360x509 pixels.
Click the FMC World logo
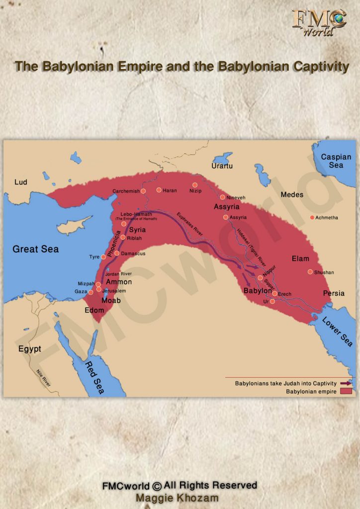tap(319, 22)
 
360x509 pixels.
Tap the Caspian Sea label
tap(336, 161)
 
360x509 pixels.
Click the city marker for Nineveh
tap(223, 197)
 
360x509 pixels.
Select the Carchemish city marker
tap(143, 191)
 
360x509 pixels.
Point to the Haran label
tap(170, 190)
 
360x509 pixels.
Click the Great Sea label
tap(35, 249)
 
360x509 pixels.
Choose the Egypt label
tap(30, 348)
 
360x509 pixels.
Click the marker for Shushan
tap(310, 272)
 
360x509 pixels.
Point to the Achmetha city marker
tap(312, 218)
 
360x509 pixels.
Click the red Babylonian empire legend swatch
tap(346, 391)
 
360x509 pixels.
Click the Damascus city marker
tap(117, 254)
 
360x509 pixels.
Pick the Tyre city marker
tap(103, 257)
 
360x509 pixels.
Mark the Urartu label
tap(222, 166)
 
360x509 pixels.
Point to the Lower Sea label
tap(337, 332)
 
